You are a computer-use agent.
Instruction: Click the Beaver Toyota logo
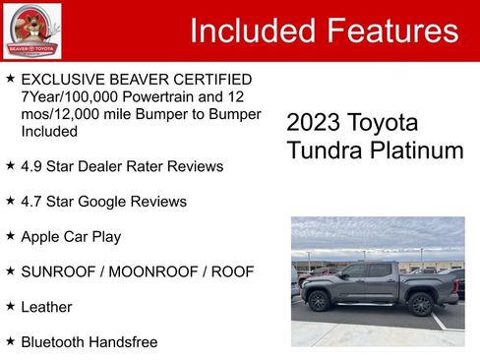(x=31, y=31)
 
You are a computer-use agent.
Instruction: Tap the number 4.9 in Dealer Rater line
(x=33, y=166)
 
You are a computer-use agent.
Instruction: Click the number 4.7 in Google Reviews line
(x=33, y=202)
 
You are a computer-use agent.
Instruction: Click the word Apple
(x=41, y=237)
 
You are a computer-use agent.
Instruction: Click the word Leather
(x=46, y=307)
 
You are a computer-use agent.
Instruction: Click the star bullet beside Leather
(x=10, y=306)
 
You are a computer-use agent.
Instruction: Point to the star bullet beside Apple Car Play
(x=10, y=236)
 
